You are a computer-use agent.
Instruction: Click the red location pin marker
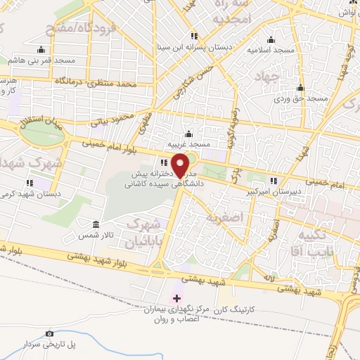pos(181,165)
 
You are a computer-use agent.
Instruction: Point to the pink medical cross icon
pos(176,299)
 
